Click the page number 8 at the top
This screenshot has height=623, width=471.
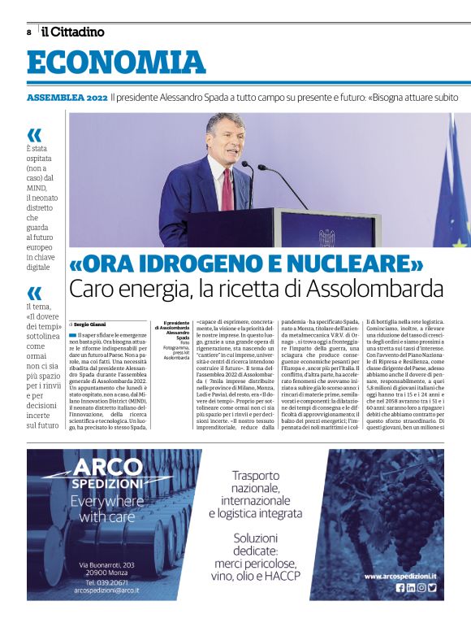pos(29,33)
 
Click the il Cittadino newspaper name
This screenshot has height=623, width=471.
pos(73,32)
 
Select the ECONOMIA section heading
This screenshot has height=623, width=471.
pos(116,63)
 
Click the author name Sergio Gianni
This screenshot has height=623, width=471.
pos(91,324)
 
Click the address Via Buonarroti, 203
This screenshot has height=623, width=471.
pos(106,564)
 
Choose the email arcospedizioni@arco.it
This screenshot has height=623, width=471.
pos(106,592)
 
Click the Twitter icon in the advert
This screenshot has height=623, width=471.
pos(433,587)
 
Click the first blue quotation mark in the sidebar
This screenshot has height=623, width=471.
pos(33,135)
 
